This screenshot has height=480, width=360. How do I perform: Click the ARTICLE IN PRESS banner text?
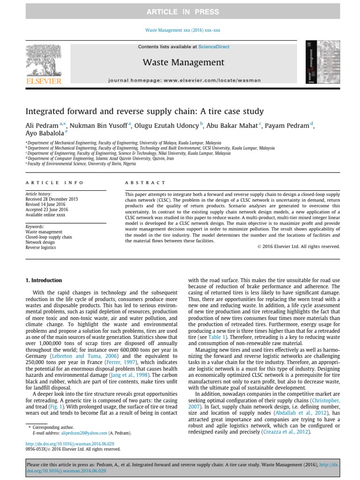180,12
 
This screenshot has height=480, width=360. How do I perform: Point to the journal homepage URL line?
184,80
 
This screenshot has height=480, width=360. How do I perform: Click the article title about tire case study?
145,112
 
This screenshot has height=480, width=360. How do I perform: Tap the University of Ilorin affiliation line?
82,164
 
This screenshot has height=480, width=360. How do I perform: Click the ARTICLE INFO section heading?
54,182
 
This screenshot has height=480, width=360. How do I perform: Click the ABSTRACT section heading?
145,182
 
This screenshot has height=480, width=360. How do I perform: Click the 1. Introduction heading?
44,280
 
